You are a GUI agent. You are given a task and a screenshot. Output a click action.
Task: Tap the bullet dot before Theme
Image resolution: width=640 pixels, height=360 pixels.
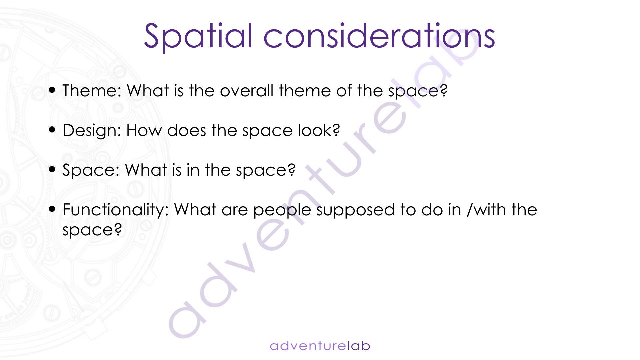[52, 90]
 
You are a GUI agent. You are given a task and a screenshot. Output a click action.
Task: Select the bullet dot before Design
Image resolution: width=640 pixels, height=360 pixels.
[52, 129]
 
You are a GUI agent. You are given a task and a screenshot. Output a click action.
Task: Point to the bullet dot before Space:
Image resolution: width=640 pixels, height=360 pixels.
[52, 169]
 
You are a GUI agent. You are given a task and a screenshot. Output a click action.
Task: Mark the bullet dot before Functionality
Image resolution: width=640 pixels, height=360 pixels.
[52, 209]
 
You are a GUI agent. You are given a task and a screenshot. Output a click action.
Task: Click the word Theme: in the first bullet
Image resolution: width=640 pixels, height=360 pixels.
[92, 90]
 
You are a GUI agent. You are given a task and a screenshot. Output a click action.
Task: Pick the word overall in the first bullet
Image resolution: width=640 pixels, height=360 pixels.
[247, 90]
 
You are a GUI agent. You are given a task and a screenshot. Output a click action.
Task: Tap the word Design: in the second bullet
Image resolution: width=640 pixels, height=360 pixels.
[92, 130]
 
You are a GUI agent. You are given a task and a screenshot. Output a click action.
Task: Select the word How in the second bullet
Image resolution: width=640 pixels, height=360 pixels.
[144, 130]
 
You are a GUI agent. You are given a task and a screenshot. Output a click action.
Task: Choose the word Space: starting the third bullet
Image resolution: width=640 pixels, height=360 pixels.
[91, 170]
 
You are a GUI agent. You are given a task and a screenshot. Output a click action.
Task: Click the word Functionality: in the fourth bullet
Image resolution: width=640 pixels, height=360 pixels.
[116, 210]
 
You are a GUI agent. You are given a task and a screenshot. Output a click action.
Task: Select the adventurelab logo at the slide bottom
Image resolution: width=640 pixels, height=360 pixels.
[320, 346]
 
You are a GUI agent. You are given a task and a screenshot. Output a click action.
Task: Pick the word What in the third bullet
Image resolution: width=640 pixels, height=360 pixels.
[146, 170]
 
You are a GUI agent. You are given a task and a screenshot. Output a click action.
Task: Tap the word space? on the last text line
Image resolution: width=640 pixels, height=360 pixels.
[92, 230]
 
